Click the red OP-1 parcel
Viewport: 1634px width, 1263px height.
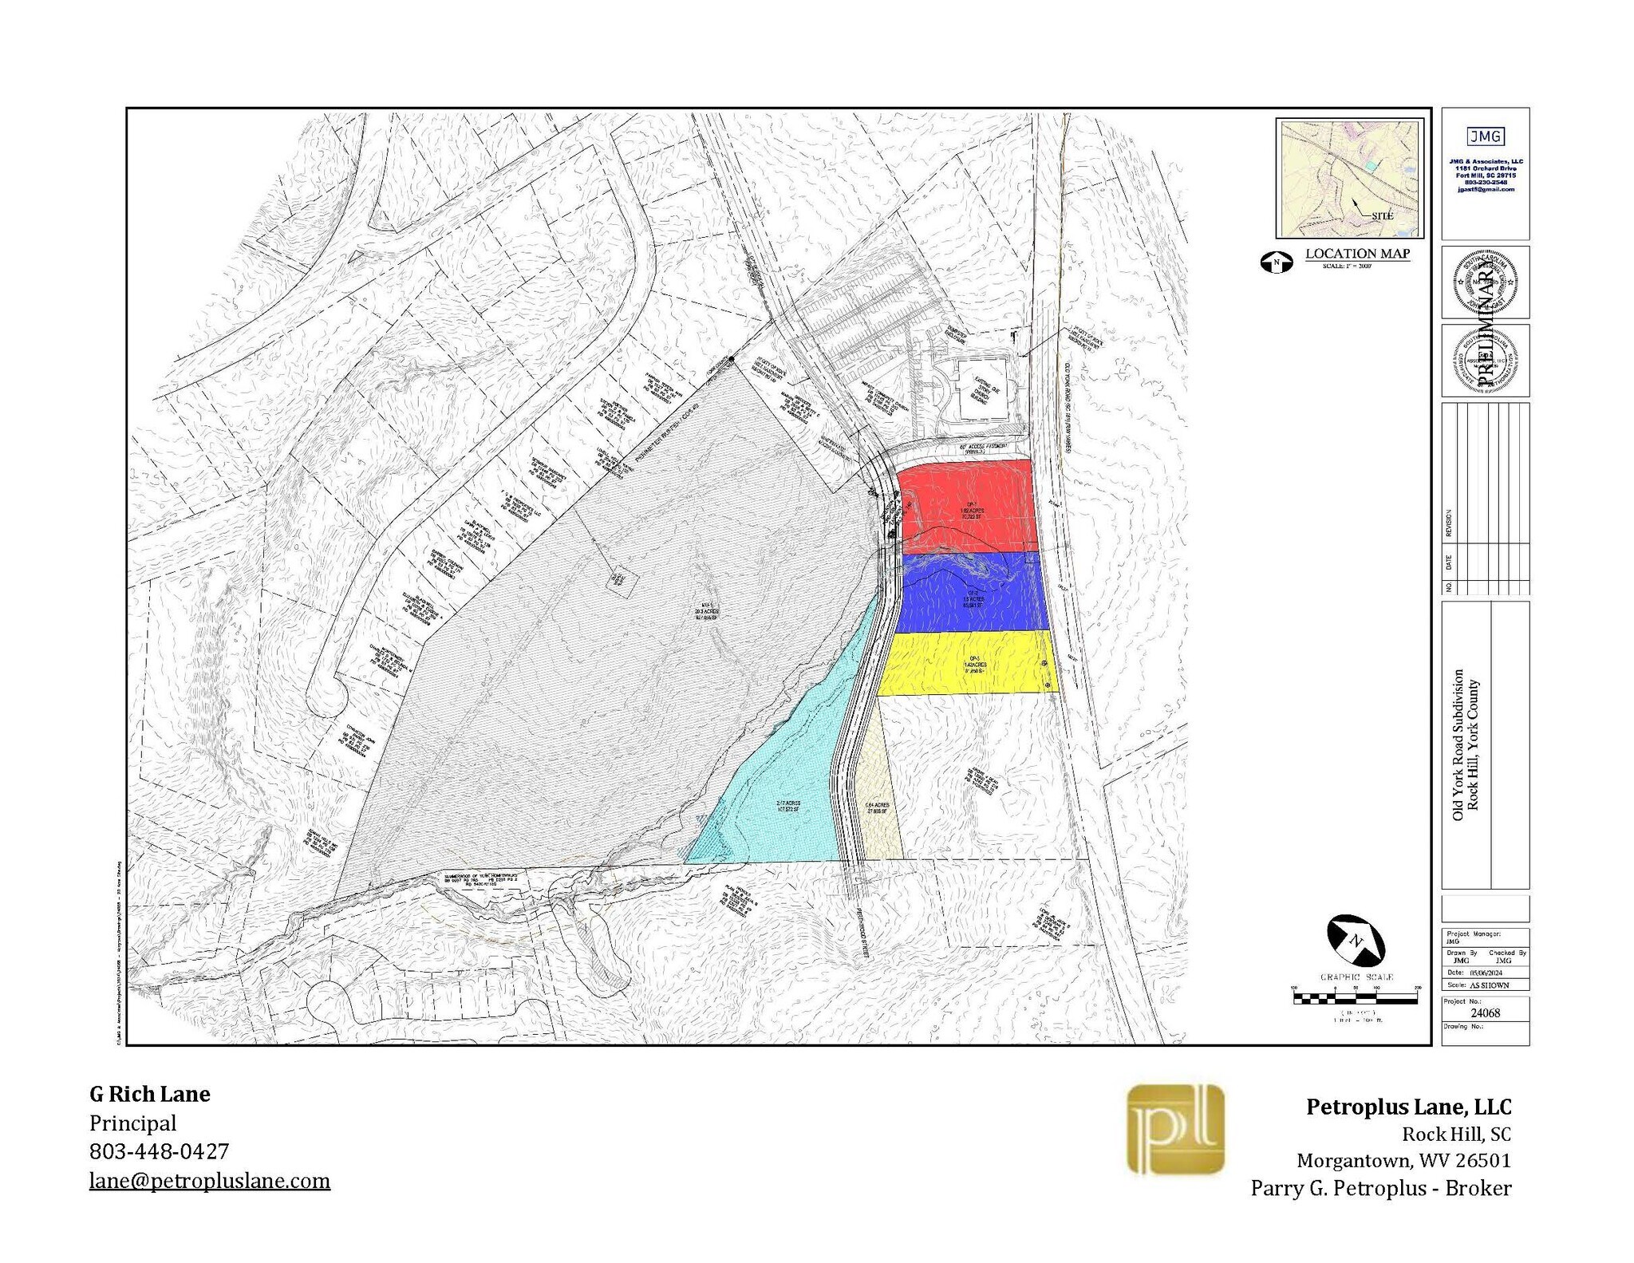click(967, 503)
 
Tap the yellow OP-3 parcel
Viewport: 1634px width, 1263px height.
click(967, 664)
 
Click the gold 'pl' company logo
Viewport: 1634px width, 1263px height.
click(1175, 1130)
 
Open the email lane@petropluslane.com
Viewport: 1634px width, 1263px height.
click(209, 1181)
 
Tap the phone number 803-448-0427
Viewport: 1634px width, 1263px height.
click(159, 1151)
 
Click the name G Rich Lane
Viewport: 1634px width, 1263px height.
click(150, 1094)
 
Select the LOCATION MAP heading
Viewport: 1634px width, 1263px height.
click(1357, 254)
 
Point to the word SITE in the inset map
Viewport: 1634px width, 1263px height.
click(1382, 216)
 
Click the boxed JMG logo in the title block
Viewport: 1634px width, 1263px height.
click(1485, 136)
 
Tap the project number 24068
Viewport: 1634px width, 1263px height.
click(1485, 1013)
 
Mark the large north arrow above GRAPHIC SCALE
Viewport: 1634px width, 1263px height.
click(1356, 941)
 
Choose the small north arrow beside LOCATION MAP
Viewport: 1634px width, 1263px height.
click(1277, 262)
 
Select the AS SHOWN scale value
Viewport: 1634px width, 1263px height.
click(1489, 985)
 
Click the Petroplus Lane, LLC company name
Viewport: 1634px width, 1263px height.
click(1408, 1107)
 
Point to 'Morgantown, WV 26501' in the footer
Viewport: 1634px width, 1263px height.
click(1403, 1160)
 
